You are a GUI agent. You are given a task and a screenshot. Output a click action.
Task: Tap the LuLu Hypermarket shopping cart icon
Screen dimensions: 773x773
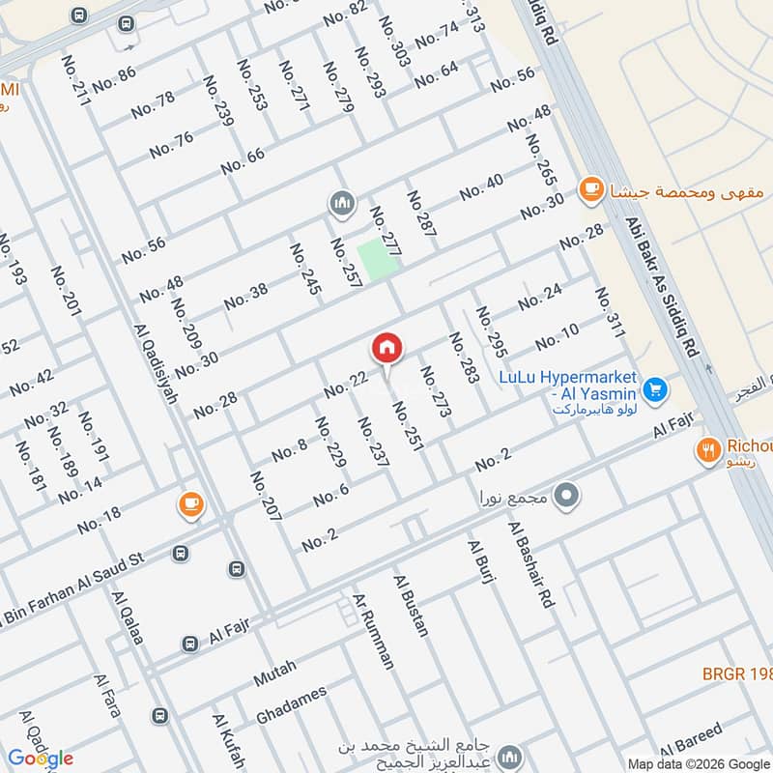click(x=656, y=389)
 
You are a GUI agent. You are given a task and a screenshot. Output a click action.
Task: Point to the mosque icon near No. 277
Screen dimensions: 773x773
click(x=340, y=204)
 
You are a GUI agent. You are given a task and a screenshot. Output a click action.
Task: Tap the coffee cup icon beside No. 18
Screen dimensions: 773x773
click(x=189, y=503)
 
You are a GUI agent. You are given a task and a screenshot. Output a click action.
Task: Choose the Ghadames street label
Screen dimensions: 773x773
click(x=291, y=704)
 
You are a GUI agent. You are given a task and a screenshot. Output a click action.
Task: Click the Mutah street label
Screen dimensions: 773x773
click(x=274, y=672)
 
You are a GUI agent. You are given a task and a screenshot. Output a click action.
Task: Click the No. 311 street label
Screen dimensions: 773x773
click(x=611, y=313)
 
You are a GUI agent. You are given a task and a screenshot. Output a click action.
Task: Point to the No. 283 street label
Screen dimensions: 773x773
click(x=463, y=358)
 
